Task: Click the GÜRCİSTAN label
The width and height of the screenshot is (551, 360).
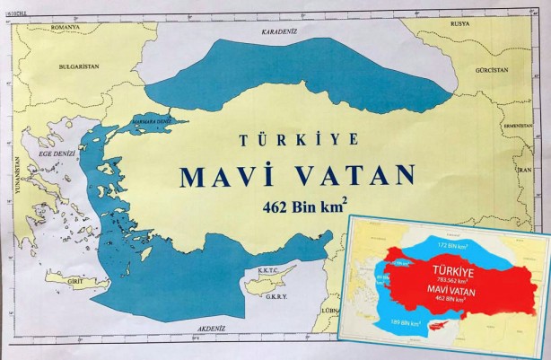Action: pyautogui.click(x=492, y=69)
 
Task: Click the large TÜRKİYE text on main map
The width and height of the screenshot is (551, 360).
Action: pyautogui.click(x=298, y=140)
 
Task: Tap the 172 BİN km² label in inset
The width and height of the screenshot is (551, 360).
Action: pyautogui.click(x=449, y=220)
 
